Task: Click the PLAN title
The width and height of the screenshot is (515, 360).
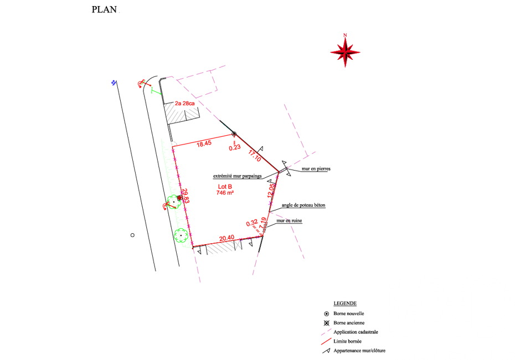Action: coord(104,9)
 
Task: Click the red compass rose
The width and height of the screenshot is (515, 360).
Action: coord(345,52)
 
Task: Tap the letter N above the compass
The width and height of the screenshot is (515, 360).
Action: coord(345,35)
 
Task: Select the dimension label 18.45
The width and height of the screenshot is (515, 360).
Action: coord(204,143)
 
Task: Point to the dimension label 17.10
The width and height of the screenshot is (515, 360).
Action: coord(255,156)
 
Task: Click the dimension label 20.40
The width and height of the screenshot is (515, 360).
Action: coord(226,238)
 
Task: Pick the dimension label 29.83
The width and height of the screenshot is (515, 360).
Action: coord(186,196)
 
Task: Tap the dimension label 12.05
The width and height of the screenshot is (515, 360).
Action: coord(271,191)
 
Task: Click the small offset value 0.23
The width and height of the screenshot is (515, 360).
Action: coord(235,148)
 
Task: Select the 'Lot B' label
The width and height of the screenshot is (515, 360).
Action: coord(225,187)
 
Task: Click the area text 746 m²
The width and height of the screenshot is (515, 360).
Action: coord(225,193)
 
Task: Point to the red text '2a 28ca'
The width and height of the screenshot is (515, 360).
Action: coord(184,104)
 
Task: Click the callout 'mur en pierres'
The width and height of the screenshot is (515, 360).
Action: coord(316,169)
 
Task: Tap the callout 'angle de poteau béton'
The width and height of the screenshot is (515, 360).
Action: coord(303,205)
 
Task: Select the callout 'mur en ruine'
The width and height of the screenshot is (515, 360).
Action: coord(289,221)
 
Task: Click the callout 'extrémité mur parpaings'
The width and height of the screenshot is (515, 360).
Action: coord(238,176)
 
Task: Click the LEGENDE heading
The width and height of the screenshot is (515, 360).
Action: coord(345,304)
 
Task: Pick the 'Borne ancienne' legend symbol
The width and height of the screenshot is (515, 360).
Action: coord(327,323)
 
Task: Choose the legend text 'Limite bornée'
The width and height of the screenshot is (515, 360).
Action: coord(348,341)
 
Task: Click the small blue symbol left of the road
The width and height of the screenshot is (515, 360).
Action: coord(114,83)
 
